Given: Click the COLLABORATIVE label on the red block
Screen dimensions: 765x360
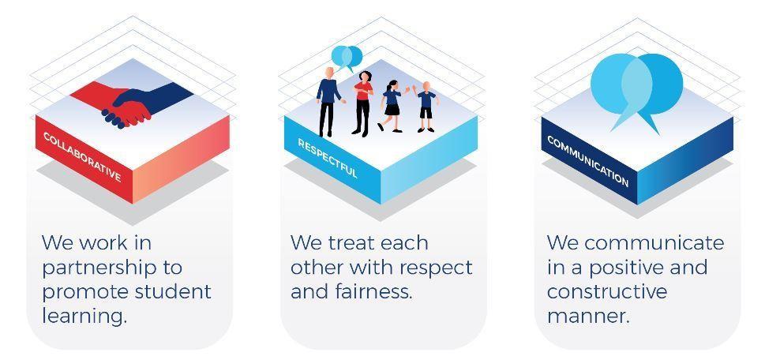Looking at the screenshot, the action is [82, 156].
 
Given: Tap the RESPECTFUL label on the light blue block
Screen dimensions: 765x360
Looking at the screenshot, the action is [328, 159].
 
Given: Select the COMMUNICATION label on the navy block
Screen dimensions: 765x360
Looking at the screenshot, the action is [587, 161].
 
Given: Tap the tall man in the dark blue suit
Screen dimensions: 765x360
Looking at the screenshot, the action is [328, 102].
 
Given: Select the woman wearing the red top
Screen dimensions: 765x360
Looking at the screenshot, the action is [362, 103].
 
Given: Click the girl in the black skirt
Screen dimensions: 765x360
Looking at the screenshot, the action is [392, 106].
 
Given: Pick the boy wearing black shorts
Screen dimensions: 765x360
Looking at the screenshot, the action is [426, 107].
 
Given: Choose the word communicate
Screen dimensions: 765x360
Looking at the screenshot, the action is [654, 243].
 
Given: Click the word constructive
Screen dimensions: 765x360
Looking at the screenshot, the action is [607, 291].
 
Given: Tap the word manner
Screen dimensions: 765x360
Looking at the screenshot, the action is [588, 317].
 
